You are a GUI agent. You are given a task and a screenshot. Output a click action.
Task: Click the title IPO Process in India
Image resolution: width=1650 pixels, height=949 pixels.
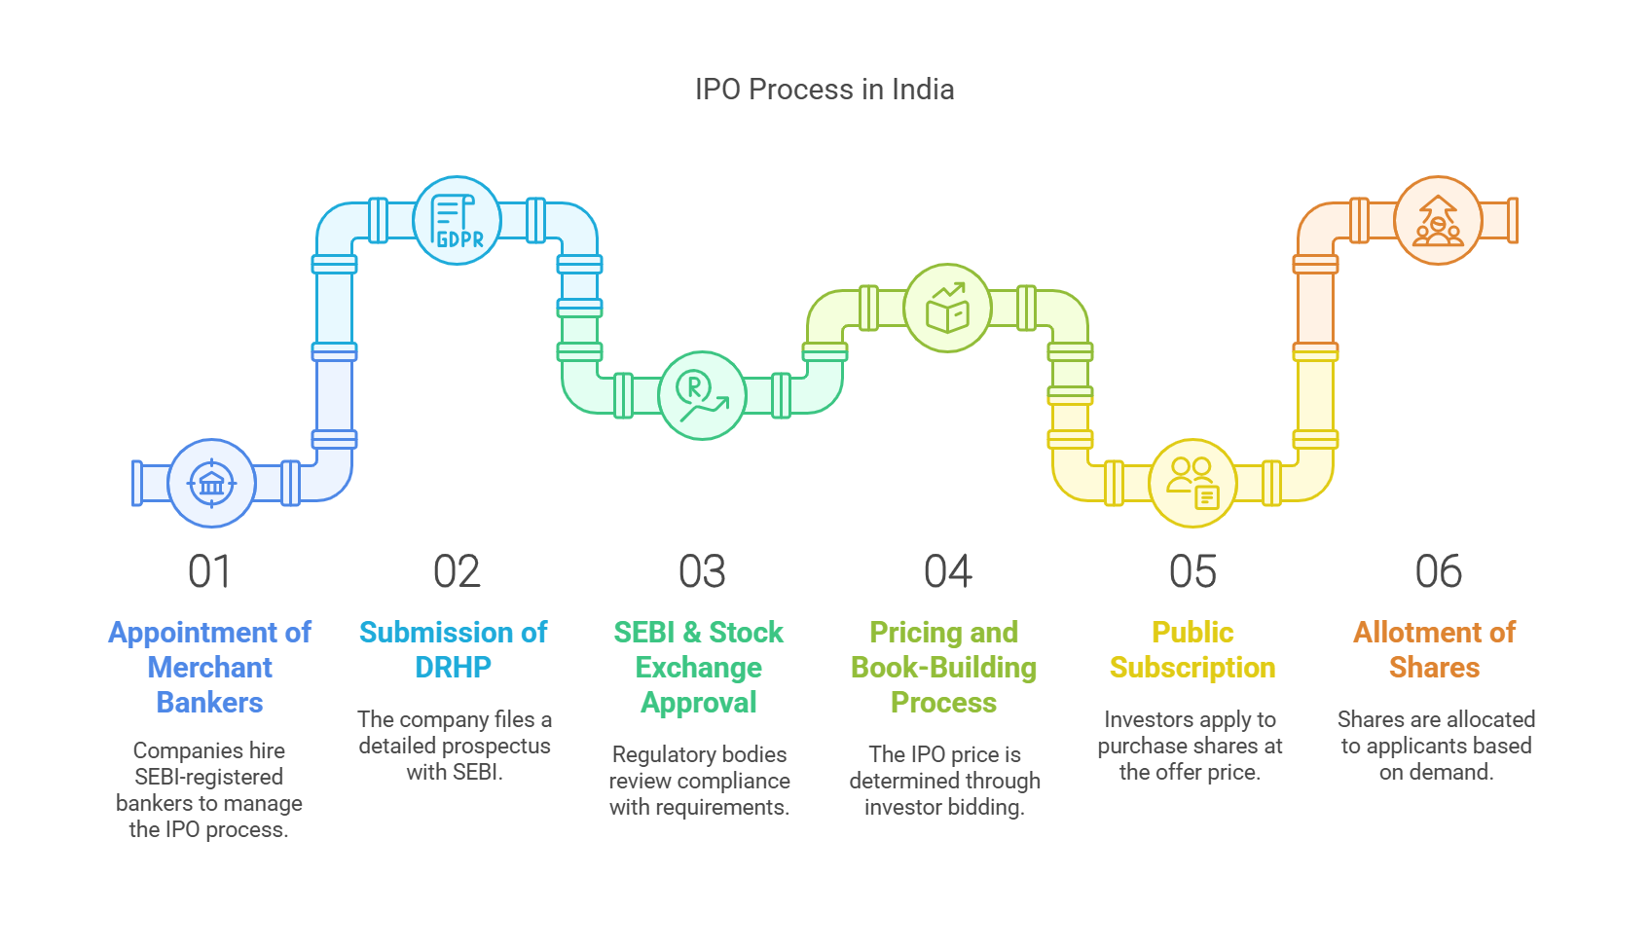pyautogui.click(x=825, y=90)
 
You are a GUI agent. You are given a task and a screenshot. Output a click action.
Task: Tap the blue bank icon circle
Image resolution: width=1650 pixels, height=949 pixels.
pyautogui.click(x=211, y=484)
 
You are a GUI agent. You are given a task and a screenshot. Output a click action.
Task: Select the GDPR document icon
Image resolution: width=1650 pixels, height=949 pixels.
pyautogui.click(x=457, y=220)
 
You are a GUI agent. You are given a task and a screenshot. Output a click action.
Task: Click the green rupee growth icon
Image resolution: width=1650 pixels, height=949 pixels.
pyautogui.click(x=702, y=396)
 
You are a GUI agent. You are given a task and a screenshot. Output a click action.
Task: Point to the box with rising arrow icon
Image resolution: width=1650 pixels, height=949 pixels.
pyautogui.click(x=947, y=308)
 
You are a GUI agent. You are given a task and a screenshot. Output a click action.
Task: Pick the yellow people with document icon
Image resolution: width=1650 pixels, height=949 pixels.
pyautogui.click(x=1192, y=484)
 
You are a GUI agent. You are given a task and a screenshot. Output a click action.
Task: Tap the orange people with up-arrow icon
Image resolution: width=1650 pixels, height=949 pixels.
pyautogui.click(x=1438, y=220)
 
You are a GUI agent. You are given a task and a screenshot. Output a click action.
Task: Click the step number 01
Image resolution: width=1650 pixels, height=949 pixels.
pyautogui.click(x=209, y=571)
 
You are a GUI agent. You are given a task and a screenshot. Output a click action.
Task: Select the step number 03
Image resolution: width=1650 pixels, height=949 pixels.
pyautogui.click(x=702, y=571)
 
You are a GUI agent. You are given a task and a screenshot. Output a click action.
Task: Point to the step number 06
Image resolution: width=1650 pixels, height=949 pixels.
pyautogui.click(x=1439, y=571)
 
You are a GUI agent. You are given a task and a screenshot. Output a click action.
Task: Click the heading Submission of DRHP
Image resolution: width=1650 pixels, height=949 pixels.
pyautogui.click(x=453, y=650)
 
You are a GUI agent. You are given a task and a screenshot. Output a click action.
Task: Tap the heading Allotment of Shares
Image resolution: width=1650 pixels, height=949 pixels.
pyautogui.click(x=1434, y=650)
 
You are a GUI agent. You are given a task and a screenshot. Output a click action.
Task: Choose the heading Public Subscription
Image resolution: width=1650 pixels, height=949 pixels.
pyautogui.click(x=1192, y=650)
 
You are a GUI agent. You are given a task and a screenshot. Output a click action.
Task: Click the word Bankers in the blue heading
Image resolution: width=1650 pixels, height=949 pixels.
pyautogui.click(x=209, y=702)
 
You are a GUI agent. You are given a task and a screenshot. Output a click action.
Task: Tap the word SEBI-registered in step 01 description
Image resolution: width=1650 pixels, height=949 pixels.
pyautogui.click(x=209, y=777)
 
